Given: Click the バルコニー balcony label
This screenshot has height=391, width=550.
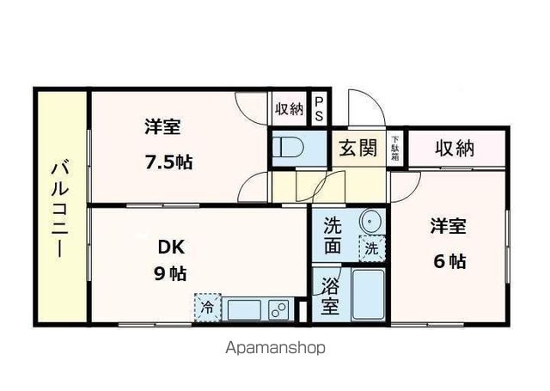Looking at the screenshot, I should coord(59,207).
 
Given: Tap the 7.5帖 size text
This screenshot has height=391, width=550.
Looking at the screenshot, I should coord(168,162).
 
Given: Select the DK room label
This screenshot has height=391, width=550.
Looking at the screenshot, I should coord(168,247).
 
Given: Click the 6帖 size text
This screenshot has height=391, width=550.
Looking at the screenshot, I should coord(448,261).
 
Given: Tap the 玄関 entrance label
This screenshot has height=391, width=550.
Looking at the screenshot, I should coord(357,148).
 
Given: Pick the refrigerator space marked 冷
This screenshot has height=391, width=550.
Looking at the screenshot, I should coord(207,306).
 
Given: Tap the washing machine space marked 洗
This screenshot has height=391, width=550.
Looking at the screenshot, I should coord(371,249).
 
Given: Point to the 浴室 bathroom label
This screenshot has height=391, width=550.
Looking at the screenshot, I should coord(331,294).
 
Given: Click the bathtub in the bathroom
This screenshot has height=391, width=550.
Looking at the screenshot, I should coord(367,295).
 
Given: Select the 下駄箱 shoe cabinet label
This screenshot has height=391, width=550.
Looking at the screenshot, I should coord(396,149).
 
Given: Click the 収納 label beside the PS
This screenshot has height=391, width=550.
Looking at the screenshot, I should coord(290,109).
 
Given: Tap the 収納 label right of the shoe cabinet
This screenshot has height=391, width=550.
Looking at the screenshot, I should coord(454,148).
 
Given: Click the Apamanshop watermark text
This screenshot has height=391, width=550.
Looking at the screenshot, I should coord(275,349).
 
